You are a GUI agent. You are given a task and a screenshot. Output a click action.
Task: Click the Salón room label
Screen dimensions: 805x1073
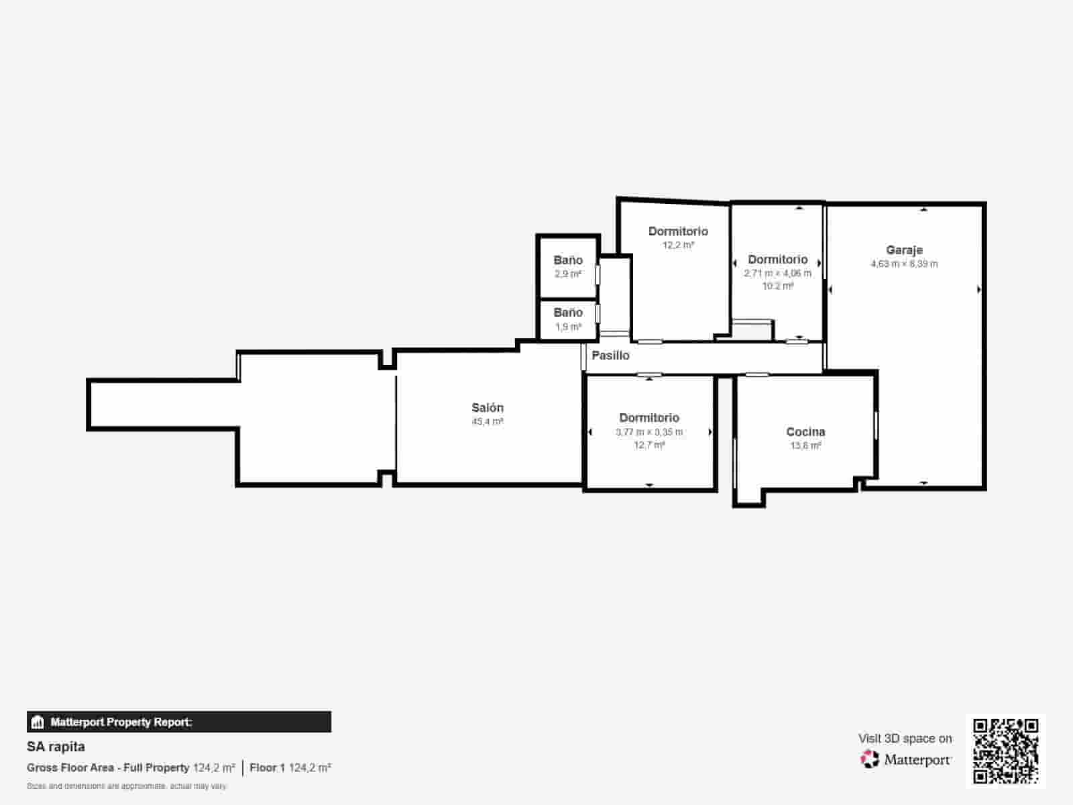487,408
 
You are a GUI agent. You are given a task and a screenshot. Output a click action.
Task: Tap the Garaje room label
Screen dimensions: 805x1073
904,250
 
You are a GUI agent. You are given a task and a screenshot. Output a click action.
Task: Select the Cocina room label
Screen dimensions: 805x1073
805,432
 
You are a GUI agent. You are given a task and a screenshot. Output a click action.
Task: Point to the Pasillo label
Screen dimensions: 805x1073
610,356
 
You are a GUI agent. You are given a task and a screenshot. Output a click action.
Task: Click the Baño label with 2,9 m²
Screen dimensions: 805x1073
567,260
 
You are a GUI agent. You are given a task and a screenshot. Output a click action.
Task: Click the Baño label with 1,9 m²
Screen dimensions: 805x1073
567,313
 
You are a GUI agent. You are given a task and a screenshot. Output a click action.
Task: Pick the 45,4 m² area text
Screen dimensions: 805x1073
487,422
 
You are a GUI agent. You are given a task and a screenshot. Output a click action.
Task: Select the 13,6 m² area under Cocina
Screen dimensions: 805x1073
805,445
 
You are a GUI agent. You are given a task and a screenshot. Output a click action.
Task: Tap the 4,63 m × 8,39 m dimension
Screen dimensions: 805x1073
904,264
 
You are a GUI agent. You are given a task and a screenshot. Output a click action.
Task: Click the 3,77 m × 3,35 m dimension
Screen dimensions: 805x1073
649,432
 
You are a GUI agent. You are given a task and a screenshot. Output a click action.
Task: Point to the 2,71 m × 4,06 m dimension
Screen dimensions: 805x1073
777,274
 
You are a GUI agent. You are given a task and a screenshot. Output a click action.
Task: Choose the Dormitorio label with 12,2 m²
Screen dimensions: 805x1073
678,231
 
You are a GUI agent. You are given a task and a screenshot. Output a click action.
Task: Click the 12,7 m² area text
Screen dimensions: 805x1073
649,445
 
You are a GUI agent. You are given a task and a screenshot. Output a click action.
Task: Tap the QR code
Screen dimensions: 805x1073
1005,751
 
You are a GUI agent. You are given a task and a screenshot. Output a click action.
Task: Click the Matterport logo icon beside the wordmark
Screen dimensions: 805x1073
870,759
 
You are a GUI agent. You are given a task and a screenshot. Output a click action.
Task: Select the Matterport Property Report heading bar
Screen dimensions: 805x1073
179,722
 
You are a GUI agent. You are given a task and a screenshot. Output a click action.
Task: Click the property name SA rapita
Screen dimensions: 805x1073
56,747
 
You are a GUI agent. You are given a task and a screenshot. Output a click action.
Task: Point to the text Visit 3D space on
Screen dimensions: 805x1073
905,739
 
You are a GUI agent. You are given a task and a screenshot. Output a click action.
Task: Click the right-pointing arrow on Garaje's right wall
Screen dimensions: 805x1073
979,290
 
